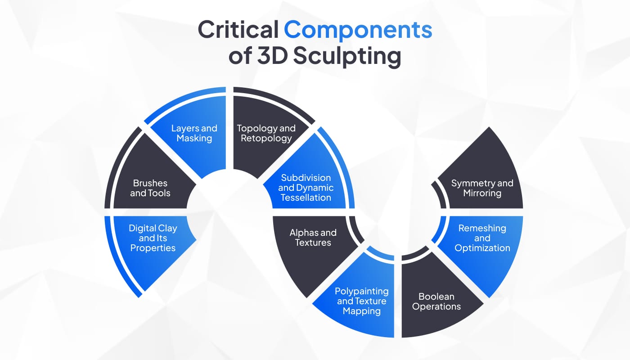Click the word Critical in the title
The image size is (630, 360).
238,30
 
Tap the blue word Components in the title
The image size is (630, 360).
358,30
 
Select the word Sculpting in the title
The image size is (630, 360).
347,56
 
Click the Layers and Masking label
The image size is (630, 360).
194,133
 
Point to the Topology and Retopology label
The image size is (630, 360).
266,133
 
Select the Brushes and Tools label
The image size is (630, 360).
150,188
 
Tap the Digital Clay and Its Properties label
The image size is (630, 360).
153,238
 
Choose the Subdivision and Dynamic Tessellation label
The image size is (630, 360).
306,188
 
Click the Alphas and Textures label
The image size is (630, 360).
313,238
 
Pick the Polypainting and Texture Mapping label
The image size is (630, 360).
362,301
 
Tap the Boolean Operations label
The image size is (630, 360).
436,301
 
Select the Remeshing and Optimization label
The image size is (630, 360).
482,238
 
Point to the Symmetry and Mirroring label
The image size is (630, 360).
482,188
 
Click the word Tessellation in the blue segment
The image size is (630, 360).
306,198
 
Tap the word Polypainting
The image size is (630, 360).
362,292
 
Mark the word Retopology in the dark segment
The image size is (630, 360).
266,139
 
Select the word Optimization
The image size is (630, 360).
482,248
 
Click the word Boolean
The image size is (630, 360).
436,297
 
